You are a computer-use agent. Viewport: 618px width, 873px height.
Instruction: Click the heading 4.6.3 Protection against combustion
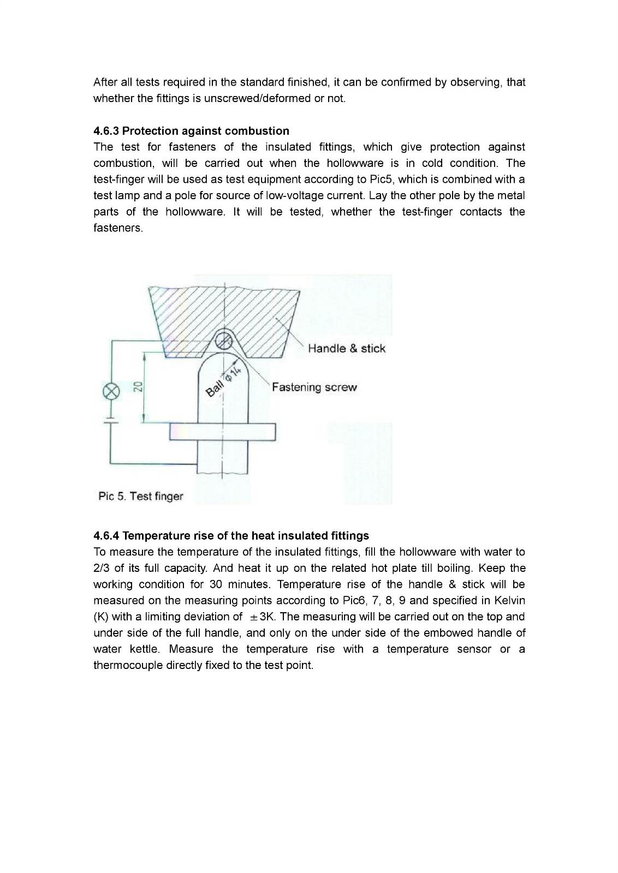click(x=191, y=131)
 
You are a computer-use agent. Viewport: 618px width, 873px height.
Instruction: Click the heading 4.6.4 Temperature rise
click(x=231, y=535)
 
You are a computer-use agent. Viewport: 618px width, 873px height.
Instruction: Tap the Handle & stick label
click(x=346, y=348)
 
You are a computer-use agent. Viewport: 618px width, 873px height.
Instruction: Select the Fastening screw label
click(x=314, y=387)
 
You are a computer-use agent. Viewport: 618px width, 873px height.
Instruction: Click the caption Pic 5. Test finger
click(x=140, y=496)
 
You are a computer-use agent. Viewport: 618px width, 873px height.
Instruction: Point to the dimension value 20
click(x=138, y=387)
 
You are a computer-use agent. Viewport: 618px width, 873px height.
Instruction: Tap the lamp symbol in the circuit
click(x=112, y=392)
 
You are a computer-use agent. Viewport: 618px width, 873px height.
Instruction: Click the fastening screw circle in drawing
click(x=222, y=342)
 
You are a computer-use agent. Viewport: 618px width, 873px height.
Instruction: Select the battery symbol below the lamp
click(x=112, y=421)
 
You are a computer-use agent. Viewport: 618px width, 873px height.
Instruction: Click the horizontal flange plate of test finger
click(x=222, y=432)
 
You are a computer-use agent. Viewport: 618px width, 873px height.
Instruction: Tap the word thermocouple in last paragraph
click(x=128, y=666)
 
